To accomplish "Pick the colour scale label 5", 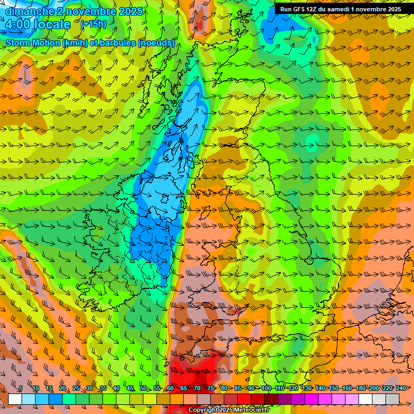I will click(x=20, y=388).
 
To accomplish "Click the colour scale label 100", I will click(x=266, y=388).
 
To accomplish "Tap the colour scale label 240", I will click(x=401, y=388).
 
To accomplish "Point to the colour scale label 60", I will click(x=170, y=388).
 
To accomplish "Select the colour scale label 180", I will click(x=360, y=388).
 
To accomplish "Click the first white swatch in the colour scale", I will click(x=15, y=398).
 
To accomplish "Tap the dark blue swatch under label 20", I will click(x=56, y=398).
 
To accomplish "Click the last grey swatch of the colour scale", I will click(x=392, y=398).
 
